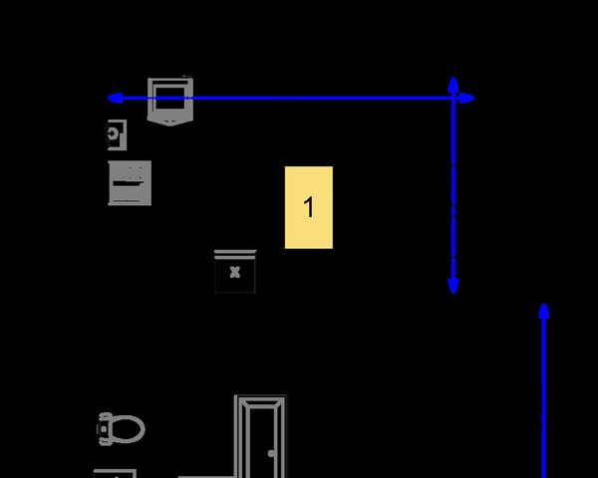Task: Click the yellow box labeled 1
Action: point(309,207)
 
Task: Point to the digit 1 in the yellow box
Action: point(309,207)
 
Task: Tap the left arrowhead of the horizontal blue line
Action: point(113,98)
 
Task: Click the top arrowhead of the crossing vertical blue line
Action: point(453,84)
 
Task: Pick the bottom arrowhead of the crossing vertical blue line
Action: point(453,288)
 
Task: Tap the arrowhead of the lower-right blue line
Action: point(544,310)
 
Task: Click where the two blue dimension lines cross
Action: point(453,98)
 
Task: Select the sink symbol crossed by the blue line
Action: point(169,101)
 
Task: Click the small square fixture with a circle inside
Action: point(117,133)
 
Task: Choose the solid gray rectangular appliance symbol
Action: point(130,182)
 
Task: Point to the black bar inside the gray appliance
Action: point(128,184)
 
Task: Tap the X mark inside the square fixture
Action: point(235,272)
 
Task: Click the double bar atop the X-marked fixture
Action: point(235,253)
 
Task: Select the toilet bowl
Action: point(125,429)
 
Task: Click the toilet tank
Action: point(102,428)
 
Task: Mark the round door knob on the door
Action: point(271,453)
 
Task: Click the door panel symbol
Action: point(260,438)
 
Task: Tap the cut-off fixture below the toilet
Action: point(114,473)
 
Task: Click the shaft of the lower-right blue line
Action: point(544,398)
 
